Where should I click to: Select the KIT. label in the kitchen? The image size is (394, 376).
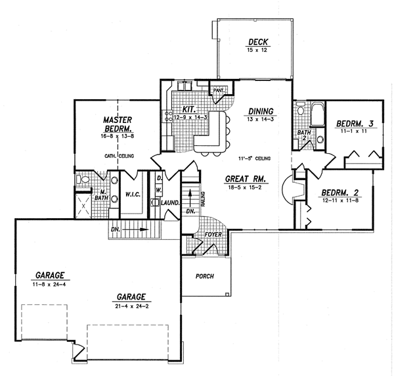186,109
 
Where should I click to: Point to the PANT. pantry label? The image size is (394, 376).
219,89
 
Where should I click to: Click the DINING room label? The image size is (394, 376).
261,111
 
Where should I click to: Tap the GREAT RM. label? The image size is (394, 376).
244,178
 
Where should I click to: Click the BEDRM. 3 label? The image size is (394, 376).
355,124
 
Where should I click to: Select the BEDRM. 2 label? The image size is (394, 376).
339,193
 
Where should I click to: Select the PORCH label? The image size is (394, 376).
206,276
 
